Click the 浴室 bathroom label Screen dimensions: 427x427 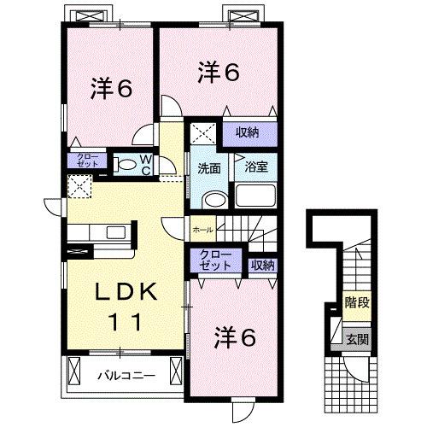coord(257,167)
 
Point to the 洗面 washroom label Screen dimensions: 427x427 coord(210,167)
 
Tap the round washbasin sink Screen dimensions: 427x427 coord(213,200)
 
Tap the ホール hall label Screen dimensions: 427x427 coord(202,229)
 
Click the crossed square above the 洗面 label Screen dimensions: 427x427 coord(204,133)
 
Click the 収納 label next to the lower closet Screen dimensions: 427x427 coord(262,265)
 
